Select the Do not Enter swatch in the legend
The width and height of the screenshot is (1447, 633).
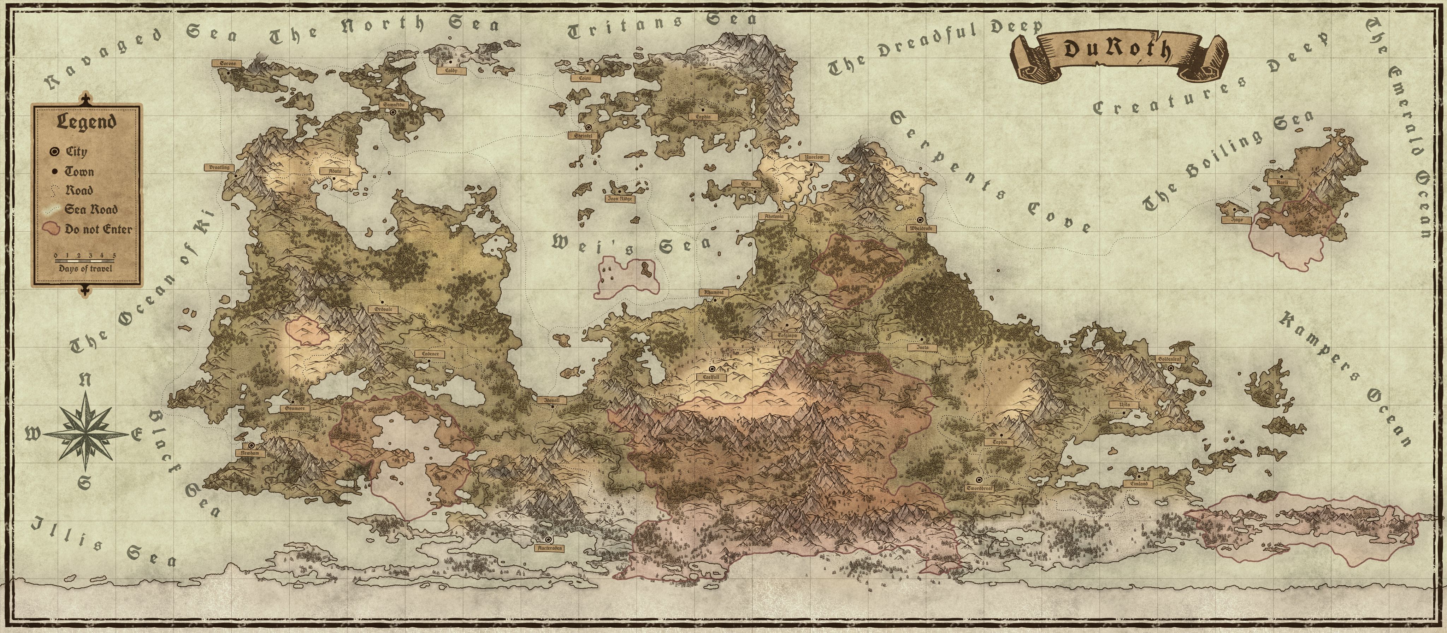(x=52, y=229)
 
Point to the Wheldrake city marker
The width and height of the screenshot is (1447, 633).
(x=920, y=220)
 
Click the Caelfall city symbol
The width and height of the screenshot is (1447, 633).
(x=712, y=369)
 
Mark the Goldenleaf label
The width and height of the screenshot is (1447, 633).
(x=1168, y=359)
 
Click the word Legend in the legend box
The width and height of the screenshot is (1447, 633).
(x=86, y=122)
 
